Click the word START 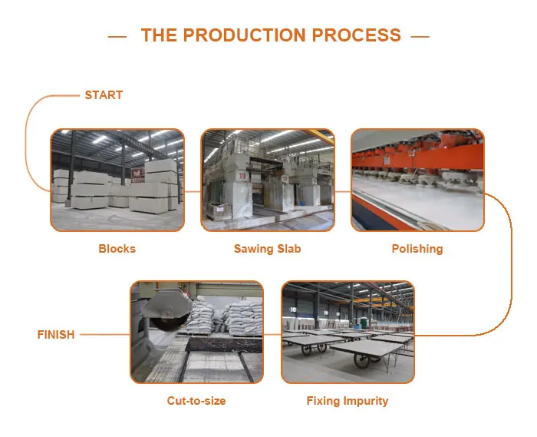pos(104,95)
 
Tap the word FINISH pos(56,335)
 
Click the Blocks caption pos(117,249)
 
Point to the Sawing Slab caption pos(267,249)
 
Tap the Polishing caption pos(417,249)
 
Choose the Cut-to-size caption pos(196,401)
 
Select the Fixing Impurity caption pos(348,401)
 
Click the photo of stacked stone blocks pos(117,180)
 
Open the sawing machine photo pos(268,180)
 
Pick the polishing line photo pos(418,180)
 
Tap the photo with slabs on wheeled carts pos(348,332)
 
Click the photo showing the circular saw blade pos(196,332)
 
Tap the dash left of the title pos(117,36)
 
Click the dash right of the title pos(420,36)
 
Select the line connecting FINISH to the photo pos(104,335)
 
